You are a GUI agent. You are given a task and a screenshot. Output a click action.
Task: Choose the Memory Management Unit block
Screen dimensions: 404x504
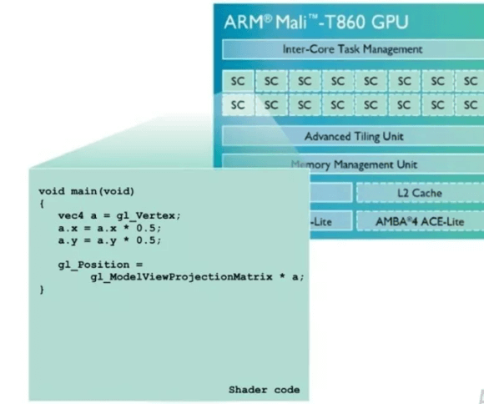355,164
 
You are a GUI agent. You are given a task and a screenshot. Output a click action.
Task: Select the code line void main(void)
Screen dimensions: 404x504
68,190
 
